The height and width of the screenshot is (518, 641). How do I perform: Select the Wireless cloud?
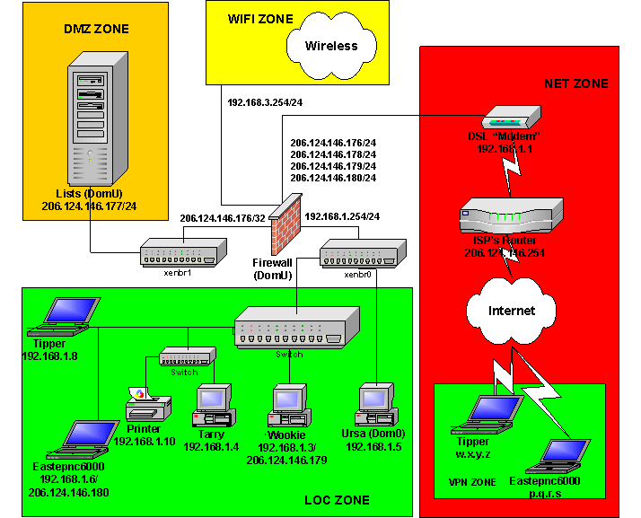[330, 46]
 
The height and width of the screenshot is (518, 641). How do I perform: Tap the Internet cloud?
[512, 311]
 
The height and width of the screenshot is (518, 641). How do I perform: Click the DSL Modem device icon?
[510, 119]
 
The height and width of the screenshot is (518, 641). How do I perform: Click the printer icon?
[144, 406]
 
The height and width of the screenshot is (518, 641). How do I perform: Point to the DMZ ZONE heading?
[96, 29]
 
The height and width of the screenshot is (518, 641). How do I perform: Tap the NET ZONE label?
[575, 83]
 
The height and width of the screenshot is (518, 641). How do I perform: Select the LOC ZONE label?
[337, 500]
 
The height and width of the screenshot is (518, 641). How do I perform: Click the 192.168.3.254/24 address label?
[264, 101]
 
